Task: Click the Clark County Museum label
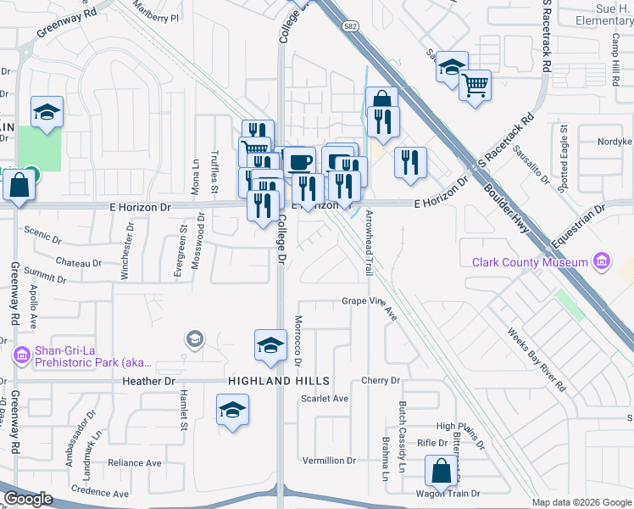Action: (x=530, y=262)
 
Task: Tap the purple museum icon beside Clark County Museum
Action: (x=602, y=260)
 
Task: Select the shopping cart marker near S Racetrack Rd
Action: (x=475, y=84)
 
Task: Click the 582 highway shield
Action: (x=349, y=27)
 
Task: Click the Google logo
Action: (x=28, y=499)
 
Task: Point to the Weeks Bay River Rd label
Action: (x=537, y=360)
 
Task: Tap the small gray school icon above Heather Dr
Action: (x=194, y=339)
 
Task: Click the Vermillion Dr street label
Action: (x=331, y=461)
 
